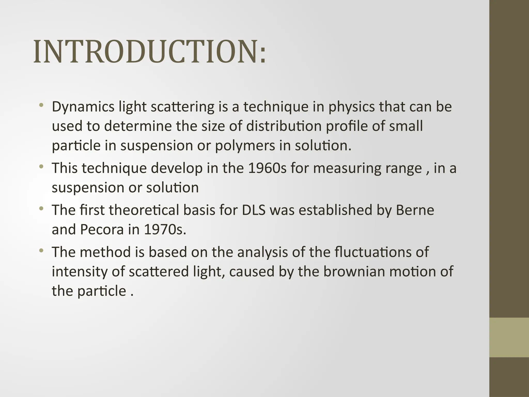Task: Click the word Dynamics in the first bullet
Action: pyautogui.click(x=83, y=107)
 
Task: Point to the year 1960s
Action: pyautogui.click(x=267, y=168)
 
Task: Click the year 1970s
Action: pyautogui.click(x=165, y=230)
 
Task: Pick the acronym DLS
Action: pyautogui.click(x=254, y=210)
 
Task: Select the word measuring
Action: pyautogui.click(x=347, y=168)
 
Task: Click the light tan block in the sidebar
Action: pyautogui.click(x=509, y=337)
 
